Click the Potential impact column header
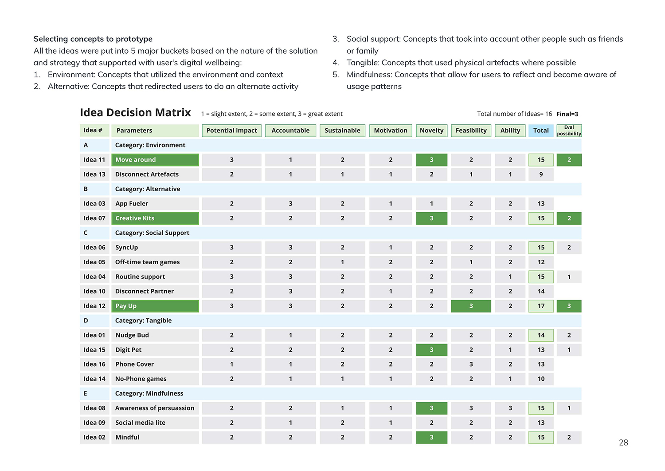pos(231,131)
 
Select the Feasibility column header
pos(471,131)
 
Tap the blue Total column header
pos(541,131)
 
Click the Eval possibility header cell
pos(569,131)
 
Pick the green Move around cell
pos(155,160)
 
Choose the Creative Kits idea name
pos(155,218)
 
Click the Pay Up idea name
pos(155,306)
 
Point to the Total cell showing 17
pos(541,306)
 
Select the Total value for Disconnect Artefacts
pos(541,174)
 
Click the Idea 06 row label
pos(94,248)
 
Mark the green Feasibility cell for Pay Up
pos(471,306)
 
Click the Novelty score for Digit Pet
pos(431,350)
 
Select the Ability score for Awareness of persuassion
pos(510,408)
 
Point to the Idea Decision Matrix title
pos(135,113)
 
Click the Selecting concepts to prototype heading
pos(93,39)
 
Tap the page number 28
pos(623,443)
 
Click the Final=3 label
pos(567,114)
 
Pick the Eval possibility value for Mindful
pos(569,437)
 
